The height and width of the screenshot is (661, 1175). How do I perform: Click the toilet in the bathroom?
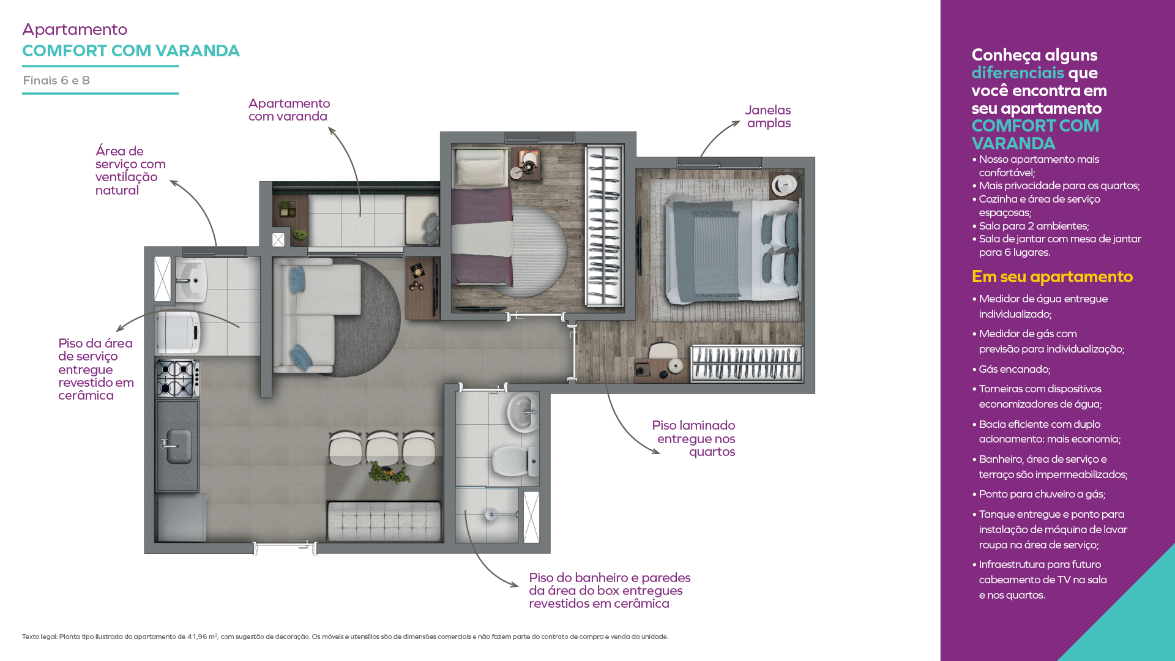tap(515, 461)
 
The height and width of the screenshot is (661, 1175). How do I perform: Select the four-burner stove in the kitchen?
tap(177, 379)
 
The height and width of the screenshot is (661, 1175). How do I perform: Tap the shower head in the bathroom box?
tap(491, 515)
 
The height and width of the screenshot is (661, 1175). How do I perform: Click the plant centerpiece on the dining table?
tap(389, 473)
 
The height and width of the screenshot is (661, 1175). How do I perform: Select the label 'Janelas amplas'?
tap(768, 116)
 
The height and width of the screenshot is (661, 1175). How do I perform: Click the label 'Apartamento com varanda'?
tap(289, 110)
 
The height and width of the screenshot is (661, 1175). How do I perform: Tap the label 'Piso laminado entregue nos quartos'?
tap(693, 438)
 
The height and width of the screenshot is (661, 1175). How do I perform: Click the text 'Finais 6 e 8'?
tap(56, 80)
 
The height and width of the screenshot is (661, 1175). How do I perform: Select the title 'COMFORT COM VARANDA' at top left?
tap(131, 51)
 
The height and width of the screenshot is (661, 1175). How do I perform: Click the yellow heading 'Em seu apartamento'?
tap(1052, 277)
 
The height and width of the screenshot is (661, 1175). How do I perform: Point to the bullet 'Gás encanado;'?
tap(1014, 369)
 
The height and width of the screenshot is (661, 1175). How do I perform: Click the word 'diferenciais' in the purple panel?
tap(1018, 73)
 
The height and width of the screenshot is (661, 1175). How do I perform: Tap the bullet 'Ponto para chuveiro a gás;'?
tap(1042, 494)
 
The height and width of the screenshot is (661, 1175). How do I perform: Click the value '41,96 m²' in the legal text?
tap(202, 637)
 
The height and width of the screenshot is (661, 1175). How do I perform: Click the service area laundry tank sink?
tap(191, 281)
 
